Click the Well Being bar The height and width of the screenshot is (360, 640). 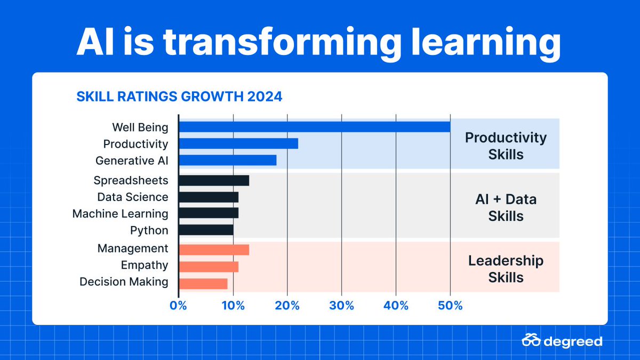pyautogui.click(x=315, y=127)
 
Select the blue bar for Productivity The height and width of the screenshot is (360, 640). pyautogui.click(x=238, y=143)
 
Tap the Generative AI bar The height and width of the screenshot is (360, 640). pyautogui.click(x=228, y=160)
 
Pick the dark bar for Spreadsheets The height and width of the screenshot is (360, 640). pyautogui.click(x=214, y=180)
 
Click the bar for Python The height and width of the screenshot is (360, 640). pyautogui.click(x=206, y=230)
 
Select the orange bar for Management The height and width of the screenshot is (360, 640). pyautogui.click(x=214, y=250)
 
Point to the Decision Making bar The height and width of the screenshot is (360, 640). pyautogui.click(x=203, y=283)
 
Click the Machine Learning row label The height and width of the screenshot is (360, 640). pyautogui.click(x=120, y=214)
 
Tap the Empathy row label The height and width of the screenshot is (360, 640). pyautogui.click(x=144, y=265)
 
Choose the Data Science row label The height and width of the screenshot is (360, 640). pyautogui.click(x=132, y=197)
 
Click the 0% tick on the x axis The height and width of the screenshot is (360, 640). pyautogui.click(x=178, y=306)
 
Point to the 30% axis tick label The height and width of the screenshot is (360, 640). pyautogui.click(x=341, y=306)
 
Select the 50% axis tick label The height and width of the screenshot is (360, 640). pyautogui.click(x=450, y=306)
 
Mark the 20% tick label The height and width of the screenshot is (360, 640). pyautogui.click(x=287, y=306)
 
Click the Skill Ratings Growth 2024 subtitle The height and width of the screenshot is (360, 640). pyautogui.click(x=179, y=97)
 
